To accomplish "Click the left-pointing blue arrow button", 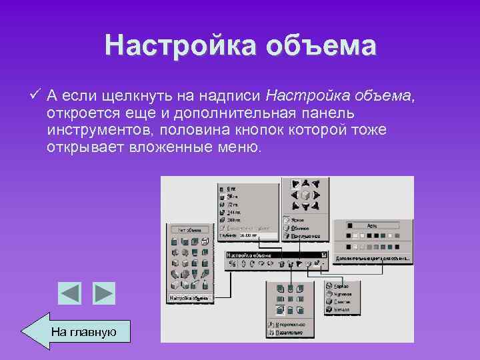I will click(x=69, y=293).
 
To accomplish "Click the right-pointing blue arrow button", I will click(x=103, y=293).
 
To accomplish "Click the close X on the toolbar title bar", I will click(x=323, y=254).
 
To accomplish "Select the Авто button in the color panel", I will click(x=373, y=225).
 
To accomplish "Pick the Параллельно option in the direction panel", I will click(x=290, y=333).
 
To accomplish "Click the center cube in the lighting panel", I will click(x=305, y=195).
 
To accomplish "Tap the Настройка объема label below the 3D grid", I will click(x=189, y=297).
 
